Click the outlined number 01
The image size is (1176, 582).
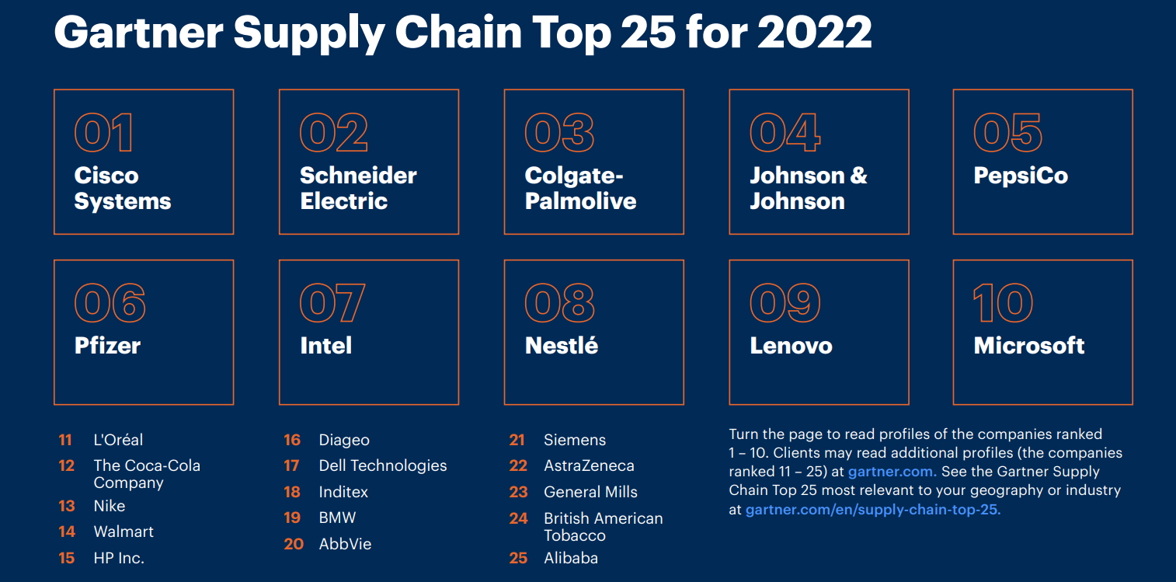(103, 133)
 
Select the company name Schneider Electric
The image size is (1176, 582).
(357, 188)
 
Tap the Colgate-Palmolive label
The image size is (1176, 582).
(579, 188)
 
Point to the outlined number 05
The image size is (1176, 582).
(1007, 133)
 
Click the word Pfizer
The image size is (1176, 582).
(107, 346)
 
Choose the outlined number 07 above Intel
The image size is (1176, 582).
(332, 303)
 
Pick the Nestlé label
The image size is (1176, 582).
(562, 346)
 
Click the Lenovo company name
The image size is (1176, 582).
(791, 346)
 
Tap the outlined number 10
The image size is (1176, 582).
(1003, 303)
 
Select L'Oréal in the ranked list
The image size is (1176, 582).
(118, 440)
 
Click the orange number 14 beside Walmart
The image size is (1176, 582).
(67, 532)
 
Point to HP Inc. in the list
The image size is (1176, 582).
(119, 558)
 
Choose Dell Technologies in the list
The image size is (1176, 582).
(383, 465)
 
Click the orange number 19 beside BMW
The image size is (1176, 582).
(292, 518)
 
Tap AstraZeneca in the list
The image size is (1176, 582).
(589, 465)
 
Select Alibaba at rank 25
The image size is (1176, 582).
(571, 558)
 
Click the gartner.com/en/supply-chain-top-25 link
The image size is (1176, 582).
(872, 511)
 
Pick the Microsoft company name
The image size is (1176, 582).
(1029, 346)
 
